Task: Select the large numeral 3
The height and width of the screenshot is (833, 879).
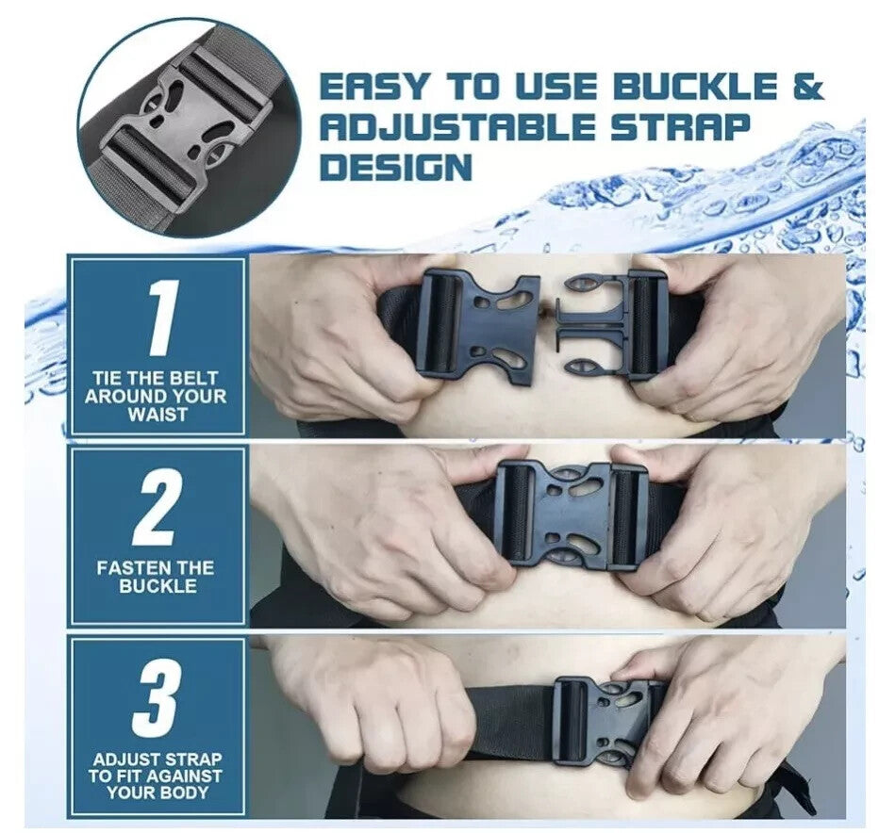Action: [158, 700]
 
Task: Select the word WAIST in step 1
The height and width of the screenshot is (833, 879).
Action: [157, 416]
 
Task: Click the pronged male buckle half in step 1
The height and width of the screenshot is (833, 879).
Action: [612, 325]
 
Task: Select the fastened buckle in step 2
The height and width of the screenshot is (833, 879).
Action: [572, 515]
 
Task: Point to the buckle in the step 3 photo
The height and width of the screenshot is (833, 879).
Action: [611, 723]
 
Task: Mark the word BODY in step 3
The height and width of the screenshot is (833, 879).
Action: [189, 792]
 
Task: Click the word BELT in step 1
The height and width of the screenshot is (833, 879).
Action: [194, 378]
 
